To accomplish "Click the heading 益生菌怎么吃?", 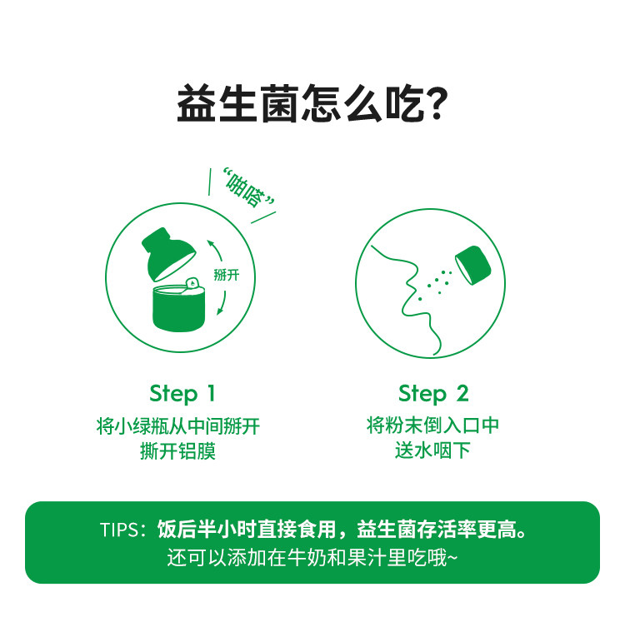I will (x=312, y=106).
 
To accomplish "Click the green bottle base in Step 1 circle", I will (x=180, y=306).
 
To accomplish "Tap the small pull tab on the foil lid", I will (x=192, y=282).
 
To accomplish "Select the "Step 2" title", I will (x=432, y=393).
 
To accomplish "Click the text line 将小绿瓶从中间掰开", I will (x=178, y=427).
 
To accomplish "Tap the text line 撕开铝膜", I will (x=178, y=453).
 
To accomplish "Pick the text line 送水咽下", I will (x=432, y=451).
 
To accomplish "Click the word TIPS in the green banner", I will (x=122, y=530).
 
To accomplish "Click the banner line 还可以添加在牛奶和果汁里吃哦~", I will (x=312, y=557).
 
